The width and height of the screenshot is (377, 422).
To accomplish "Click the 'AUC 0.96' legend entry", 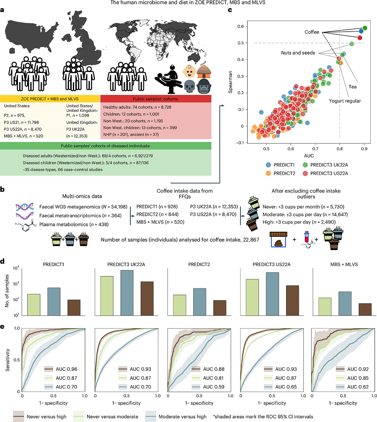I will [65, 368].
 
